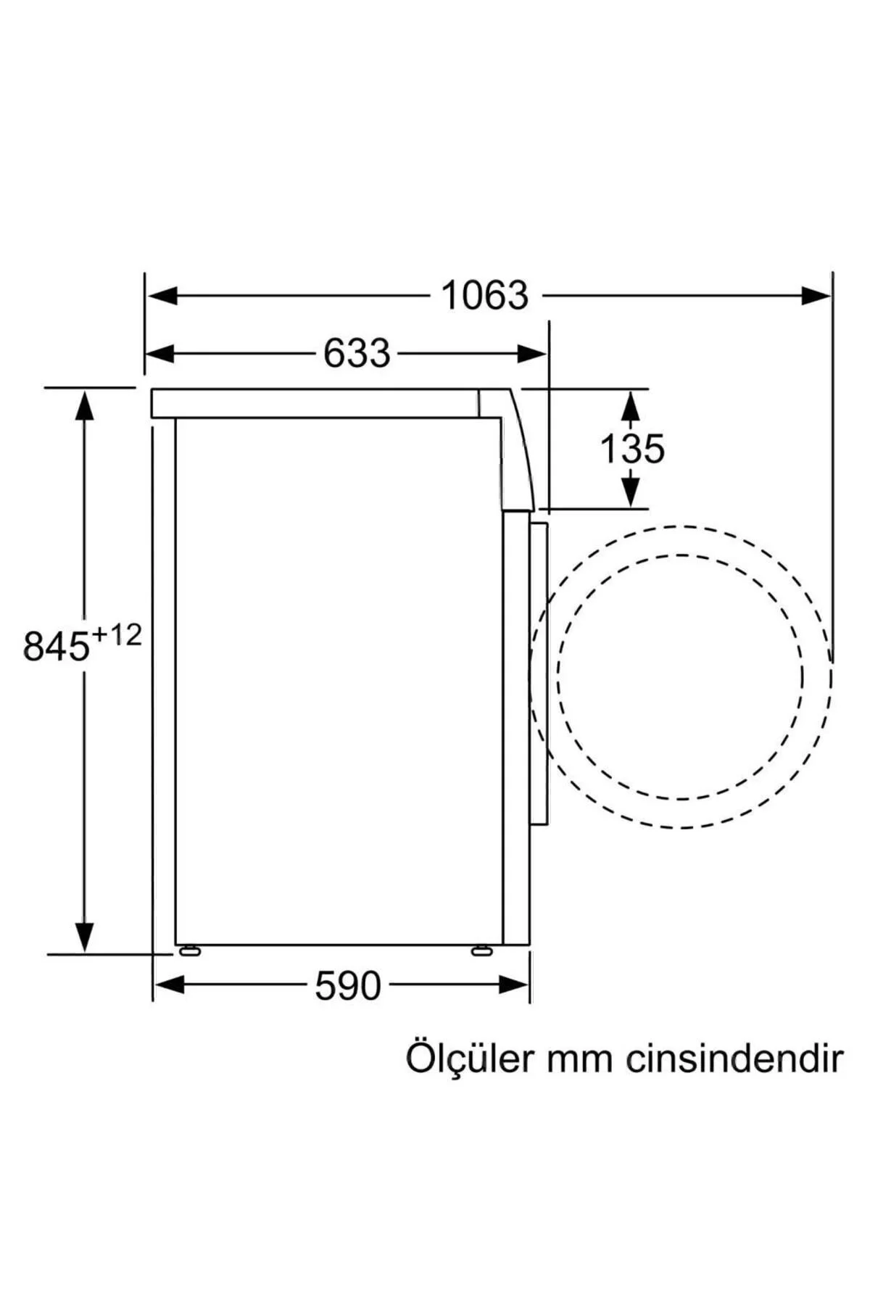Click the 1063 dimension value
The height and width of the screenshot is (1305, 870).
point(485,296)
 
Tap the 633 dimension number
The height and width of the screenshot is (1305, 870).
point(357,354)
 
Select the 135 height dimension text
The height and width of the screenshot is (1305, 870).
point(632,449)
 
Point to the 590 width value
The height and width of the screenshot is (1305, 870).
point(348,986)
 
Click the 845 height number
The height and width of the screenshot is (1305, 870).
point(57,646)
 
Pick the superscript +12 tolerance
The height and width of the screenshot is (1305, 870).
point(116,636)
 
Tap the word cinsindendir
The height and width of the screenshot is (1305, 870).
point(734,1058)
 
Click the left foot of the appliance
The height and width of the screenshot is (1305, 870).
point(188,950)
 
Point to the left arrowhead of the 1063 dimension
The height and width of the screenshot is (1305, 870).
point(161,296)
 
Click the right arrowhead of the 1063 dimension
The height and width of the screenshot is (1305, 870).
point(817,296)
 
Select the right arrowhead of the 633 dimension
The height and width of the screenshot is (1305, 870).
point(532,355)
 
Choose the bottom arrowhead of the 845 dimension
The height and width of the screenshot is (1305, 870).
point(85,936)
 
